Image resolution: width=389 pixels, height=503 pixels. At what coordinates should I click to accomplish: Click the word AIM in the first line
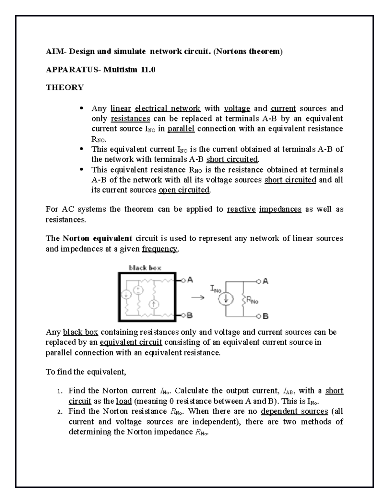click(52, 51)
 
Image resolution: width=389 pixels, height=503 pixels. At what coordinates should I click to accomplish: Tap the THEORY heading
click(65, 87)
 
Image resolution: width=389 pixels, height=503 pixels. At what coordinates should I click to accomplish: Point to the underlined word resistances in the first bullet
click(130, 119)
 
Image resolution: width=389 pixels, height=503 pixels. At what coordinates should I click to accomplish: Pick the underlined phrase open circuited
click(184, 190)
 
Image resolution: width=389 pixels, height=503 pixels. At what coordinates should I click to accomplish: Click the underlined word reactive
click(241, 209)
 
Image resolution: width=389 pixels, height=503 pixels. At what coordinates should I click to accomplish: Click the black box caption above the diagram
click(145, 268)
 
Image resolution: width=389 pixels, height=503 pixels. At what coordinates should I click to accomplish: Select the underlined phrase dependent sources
click(294, 411)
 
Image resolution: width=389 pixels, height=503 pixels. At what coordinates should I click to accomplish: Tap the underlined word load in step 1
click(124, 401)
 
